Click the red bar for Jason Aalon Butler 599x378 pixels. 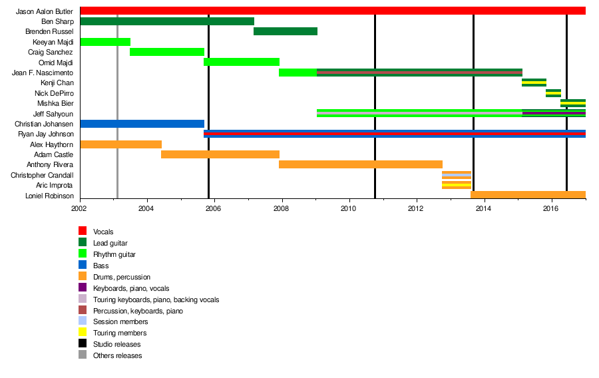(x=332, y=11)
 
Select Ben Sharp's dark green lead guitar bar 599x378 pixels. (x=166, y=21)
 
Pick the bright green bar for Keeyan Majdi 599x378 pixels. (x=104, y=42)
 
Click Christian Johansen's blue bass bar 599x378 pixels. (x=142, y=124)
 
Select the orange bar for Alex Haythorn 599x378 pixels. (x=120, y=144)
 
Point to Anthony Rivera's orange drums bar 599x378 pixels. (x=360, y=164)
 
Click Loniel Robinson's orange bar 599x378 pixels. (x=528, y=195)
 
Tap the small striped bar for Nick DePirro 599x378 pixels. (x=553, y=93)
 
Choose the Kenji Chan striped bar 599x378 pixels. (x=534, y=83)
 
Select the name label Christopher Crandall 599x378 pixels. (x=42, y=175)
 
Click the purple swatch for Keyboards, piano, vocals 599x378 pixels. (x=83, y=287)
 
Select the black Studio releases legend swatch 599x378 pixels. (x=83, y=344)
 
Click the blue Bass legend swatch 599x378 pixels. (x=83, y=265)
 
